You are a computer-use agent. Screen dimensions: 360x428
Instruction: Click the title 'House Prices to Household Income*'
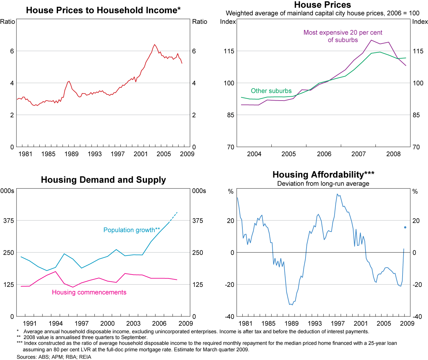pyautogui.click(x=103, y=10)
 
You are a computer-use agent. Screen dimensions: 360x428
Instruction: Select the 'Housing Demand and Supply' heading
pyautogui.click(x=103, y=180)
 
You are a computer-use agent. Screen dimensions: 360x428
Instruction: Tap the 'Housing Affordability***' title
pyautogui.click(x=323, y=175)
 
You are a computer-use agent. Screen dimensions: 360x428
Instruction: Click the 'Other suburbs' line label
pyautogui.click(x=271, y=91)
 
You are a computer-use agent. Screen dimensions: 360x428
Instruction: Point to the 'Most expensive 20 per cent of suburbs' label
pyautogui.click(x=343, y=36)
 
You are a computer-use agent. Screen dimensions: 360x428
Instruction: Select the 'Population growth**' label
pyautogui.click(x=131, y=230)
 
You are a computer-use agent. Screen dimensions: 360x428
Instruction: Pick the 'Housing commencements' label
pyautogui.click(x=89, y=292)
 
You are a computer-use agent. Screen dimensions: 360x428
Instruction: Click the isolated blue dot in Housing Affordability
pyautogui.click(x=405, y=228)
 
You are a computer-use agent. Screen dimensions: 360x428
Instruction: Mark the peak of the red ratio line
pyautogui.click(x=154, y=44)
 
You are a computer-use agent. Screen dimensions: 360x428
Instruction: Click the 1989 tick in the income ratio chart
pyautogui.click(x=71, y=154)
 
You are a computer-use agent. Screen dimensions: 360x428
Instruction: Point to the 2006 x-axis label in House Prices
pyautogui.click(x=324, y=154)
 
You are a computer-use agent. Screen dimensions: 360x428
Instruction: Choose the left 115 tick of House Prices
pyautogui.click(x=229, y=51)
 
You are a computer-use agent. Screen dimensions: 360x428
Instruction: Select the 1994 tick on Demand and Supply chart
pyautogui.click(x=56, y=324)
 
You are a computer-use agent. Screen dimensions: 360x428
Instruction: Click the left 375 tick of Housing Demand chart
pyautogui.click(x=9, y=220)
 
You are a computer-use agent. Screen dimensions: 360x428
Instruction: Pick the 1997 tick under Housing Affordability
pyautogui.click(x=337, y=324)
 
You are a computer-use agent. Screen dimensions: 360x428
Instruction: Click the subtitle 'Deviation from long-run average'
pyautogui.click(x=323, y=184)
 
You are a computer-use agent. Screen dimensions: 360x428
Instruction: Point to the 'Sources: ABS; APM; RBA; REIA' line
pyautogui.click(x=54, y=357)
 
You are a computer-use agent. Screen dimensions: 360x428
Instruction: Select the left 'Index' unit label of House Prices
pyautogui.click(x=228, y=22)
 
